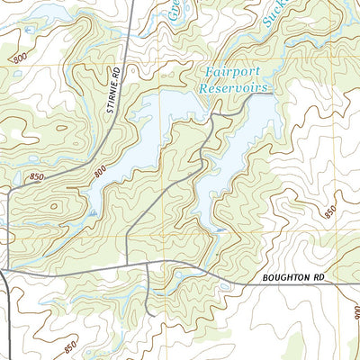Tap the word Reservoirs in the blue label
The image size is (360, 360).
click(x=235, y=89)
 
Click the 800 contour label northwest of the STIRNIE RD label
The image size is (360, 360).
click(x=20, y=58)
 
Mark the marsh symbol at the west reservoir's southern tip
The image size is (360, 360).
click(x=92, y=212)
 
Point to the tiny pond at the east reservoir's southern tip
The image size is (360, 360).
click(x=220, y=230)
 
